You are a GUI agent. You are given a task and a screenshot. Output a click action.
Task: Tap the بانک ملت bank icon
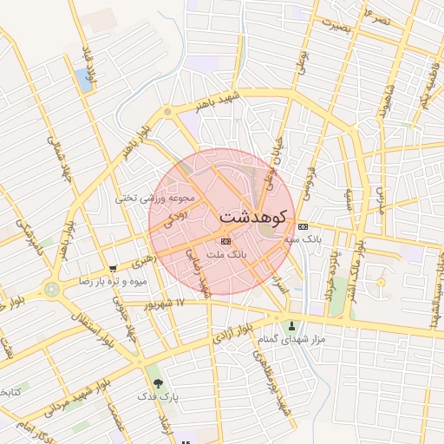(226, 241)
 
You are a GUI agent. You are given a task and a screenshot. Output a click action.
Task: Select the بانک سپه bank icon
(302, 225)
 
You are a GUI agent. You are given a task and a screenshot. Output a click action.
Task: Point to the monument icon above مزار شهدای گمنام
(291, 327)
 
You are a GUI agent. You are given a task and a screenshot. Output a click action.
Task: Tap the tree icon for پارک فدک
(157, 382)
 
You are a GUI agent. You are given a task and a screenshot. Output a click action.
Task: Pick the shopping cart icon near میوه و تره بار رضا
(113, 269)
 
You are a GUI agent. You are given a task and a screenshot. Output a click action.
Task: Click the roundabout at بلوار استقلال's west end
(53, 287)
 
